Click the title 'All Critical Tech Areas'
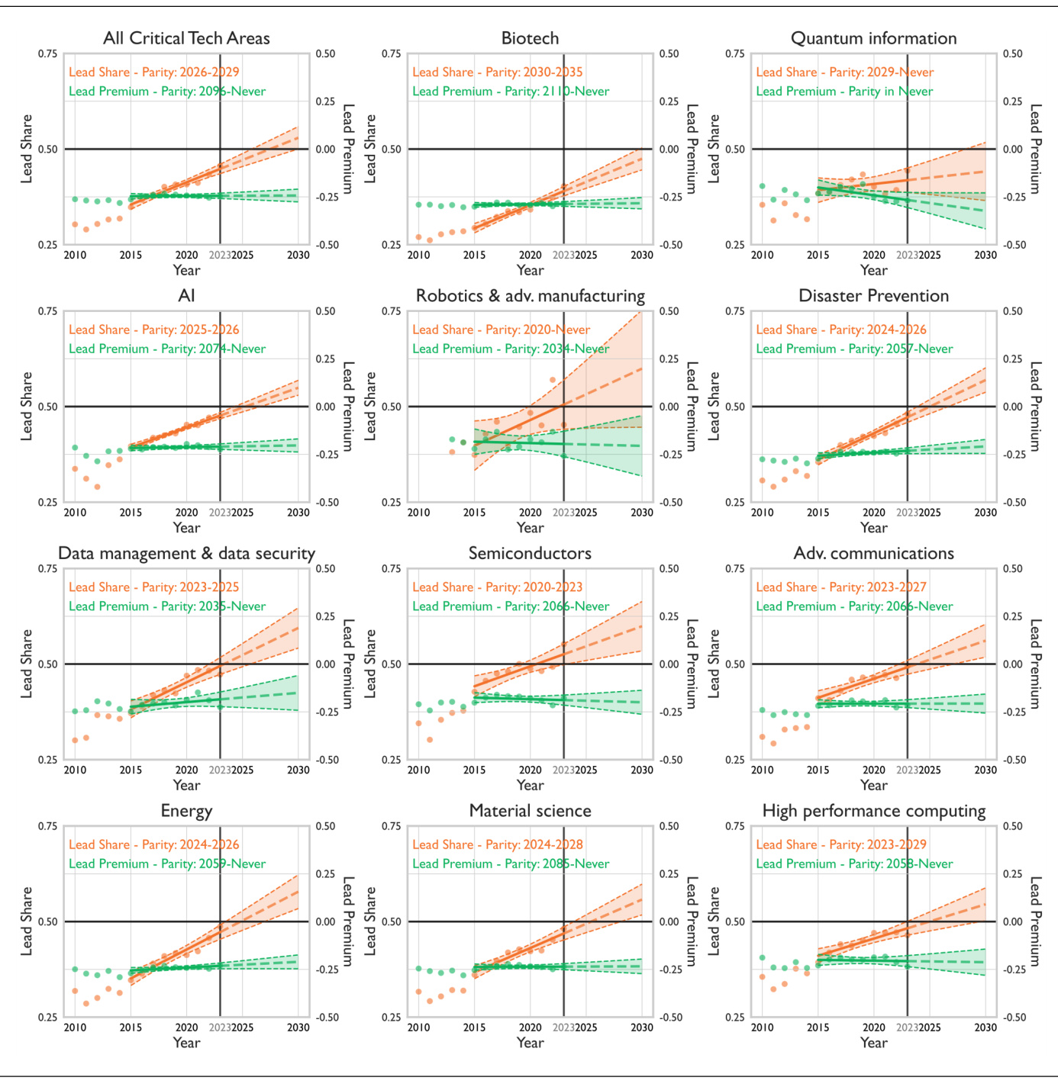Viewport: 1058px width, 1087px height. (x=186, y=38)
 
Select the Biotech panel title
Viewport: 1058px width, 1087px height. (x=530, y=38)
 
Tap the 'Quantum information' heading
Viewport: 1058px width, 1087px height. (x=873, y=38)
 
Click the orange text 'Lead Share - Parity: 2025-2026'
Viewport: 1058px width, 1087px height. (x=154, y=330)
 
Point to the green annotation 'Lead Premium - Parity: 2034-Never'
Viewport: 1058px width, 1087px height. (x=511, y=349)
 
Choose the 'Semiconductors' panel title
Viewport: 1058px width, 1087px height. (x=530, y=553)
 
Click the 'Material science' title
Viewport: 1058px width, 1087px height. (x=530, y=811)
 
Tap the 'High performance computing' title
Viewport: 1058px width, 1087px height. (x=873, y=811)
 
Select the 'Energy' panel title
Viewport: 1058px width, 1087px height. (x=186, y=811)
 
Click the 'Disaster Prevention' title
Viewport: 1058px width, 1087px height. (x=873, y=296)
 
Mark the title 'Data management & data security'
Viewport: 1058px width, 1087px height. (x=186, y=553)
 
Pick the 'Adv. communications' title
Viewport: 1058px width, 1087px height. (x=873, y=553)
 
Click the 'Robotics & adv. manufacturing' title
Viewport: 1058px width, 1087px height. (x=530, y=296)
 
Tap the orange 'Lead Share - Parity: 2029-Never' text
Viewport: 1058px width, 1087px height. (x=844, y=72)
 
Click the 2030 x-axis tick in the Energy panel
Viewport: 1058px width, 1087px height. (x=298, y=1028)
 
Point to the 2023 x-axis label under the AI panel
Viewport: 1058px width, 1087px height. (x=220, y=513)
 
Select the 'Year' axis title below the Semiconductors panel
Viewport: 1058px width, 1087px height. (x=530, y=785)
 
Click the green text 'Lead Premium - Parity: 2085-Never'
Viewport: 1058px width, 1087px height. (x=511, y=863)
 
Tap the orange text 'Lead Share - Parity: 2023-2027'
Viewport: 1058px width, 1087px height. (x=841, y=587)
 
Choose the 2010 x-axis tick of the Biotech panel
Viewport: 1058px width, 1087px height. (x=418, y=255)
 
